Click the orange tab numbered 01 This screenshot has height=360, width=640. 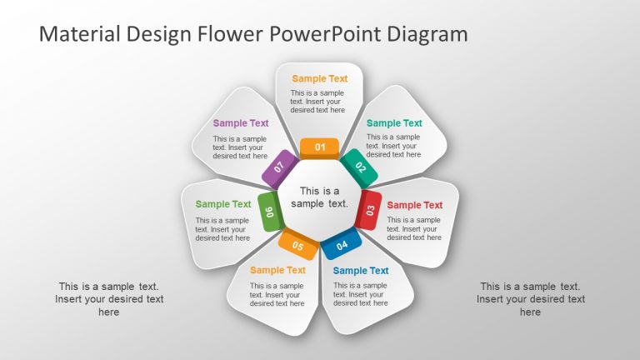(320, 148)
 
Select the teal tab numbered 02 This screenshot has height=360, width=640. (360, 167)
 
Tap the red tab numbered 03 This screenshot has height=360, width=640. (369, 209)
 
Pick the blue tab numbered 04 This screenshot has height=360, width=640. (342, 244)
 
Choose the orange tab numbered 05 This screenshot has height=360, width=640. (297, 245)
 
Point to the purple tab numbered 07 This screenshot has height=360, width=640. (280, 167)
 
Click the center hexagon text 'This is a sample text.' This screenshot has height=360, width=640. (320, 197)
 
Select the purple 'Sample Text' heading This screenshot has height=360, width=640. (241, 123)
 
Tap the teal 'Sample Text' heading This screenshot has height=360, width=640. (394, 123)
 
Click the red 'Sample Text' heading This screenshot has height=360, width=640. (415, 205)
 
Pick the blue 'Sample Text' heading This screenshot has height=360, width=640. (361, 270)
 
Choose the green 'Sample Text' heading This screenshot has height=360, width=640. (223, 204)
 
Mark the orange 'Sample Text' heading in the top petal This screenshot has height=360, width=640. (320, 79)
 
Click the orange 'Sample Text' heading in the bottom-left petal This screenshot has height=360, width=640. (277, 270)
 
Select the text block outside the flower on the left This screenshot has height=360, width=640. (109, 299)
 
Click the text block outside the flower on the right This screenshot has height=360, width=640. (530, 299)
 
